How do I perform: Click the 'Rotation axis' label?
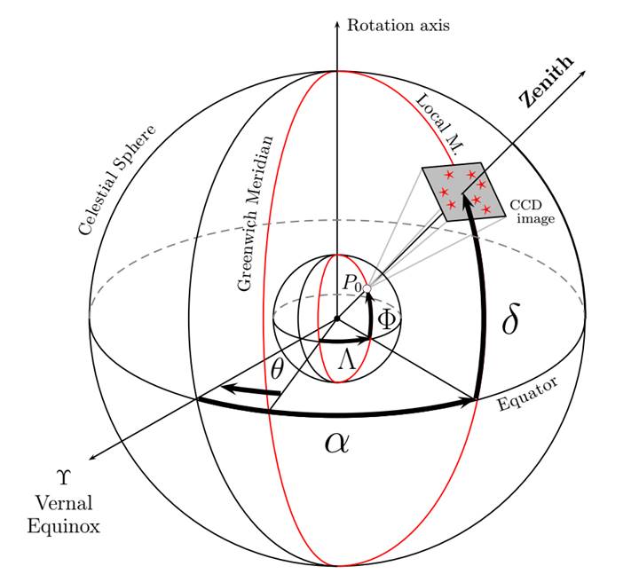pos(398,25)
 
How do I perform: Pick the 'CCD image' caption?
pos(532,211)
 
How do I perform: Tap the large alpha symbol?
pos(336,441)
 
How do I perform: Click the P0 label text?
pos(352,284)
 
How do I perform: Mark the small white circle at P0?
pos(367,288)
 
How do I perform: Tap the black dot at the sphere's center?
pos(336,319)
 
